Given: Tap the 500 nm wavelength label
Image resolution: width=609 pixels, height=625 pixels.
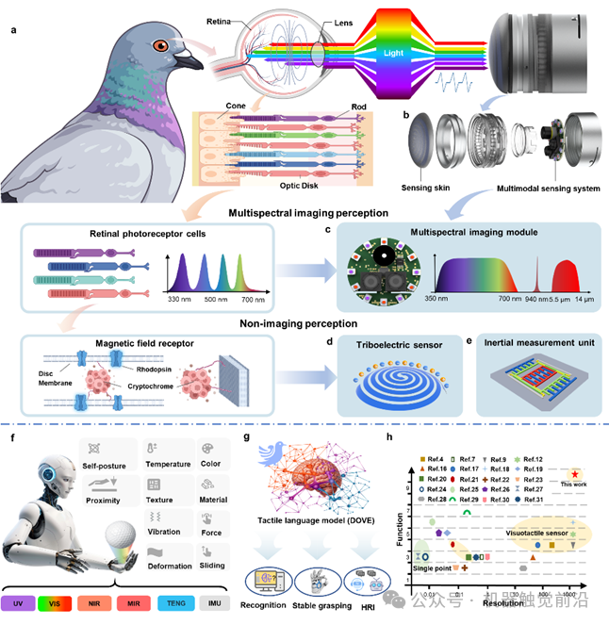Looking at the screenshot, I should (x=220, y=298).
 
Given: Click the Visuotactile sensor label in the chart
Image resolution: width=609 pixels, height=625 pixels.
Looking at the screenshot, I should (x=542, y=533).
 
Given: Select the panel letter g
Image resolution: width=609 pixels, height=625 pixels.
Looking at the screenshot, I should (x=245, y=436).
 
